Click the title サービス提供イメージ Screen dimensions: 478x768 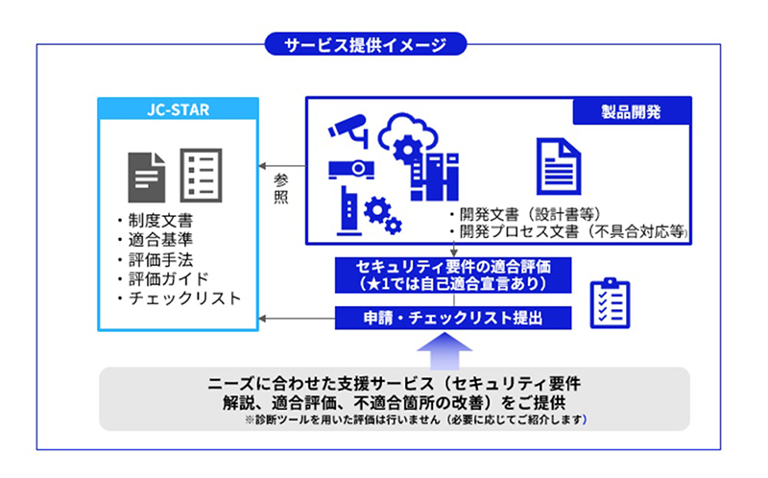365,42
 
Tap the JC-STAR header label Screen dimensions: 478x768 179,109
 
